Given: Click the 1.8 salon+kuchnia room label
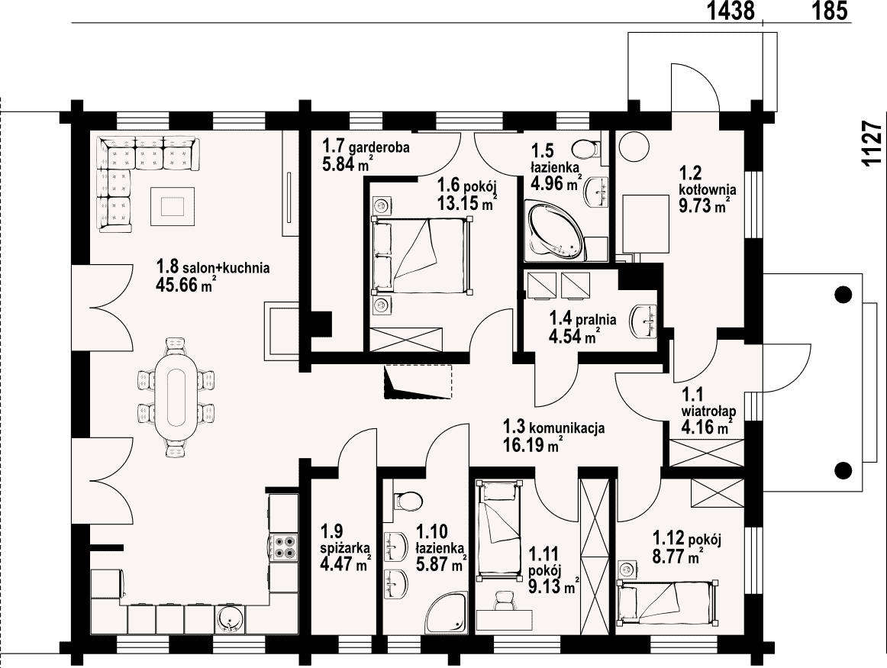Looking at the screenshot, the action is [212, 276].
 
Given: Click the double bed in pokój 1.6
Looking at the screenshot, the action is [421, 257].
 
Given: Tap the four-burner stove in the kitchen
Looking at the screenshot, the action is [285, 547].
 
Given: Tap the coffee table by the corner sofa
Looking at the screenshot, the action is [172, 206].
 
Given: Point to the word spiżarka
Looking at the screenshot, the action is [345, 547].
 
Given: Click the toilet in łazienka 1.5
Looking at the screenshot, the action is [585, 149].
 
